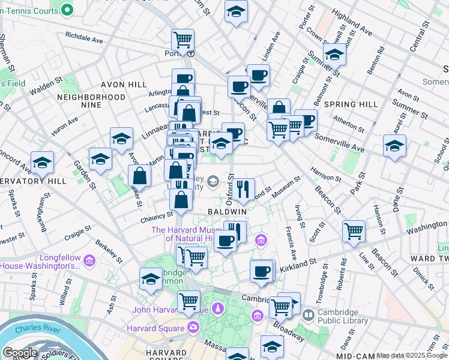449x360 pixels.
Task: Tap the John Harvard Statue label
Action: coord(170,310)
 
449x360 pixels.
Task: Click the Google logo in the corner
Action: coord(19,353)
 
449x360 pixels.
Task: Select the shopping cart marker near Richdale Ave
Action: coord(182,41)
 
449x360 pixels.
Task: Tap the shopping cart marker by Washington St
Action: coord(354,230)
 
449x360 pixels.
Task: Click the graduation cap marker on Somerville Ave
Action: coord(394,146)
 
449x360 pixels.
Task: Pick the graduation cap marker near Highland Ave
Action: coord(334,55)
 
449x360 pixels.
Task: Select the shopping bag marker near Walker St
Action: coord(139,176)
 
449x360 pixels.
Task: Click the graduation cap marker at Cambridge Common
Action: coord(151,278)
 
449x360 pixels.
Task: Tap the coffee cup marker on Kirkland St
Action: coord(262,271)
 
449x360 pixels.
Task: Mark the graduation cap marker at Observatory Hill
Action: coord(42,162)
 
